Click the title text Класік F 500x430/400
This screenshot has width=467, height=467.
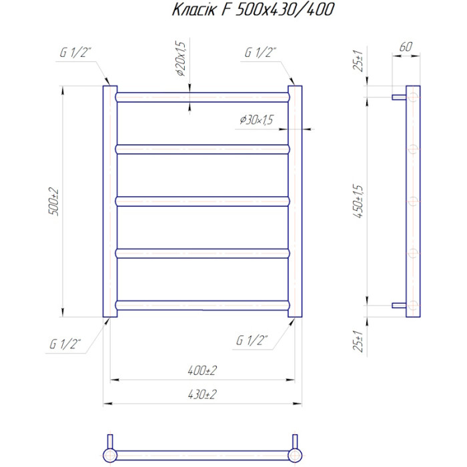pos(253,9)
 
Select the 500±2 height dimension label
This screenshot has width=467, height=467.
pos(54,201)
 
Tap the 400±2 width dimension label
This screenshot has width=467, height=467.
pos(202,370)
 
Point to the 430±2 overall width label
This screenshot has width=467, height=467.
pos(202,394)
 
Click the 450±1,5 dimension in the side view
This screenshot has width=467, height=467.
pos(359,201)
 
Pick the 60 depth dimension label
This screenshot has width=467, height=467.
pos(406,47)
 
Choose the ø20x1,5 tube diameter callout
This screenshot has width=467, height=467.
pos(181,59)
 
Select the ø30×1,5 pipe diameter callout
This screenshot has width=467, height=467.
pos(256,119)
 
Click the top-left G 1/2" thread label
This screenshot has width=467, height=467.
pos(75,53)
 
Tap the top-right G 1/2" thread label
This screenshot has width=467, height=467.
pos(260,53)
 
